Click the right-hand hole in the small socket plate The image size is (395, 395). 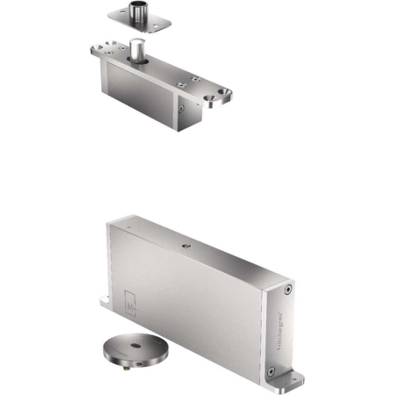(156, 26)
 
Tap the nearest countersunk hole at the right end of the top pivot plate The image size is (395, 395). (211, 98)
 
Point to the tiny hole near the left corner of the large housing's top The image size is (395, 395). (128, 227)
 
